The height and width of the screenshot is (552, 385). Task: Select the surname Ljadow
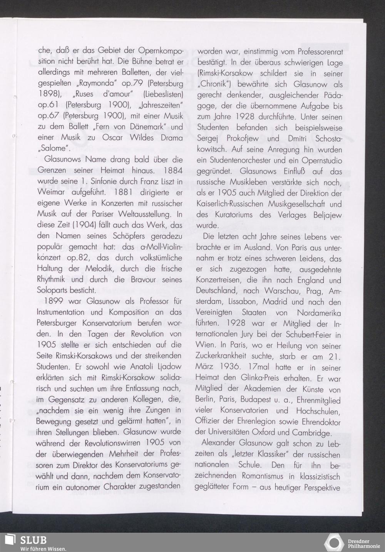point(167,366)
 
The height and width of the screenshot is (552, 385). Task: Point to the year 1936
point(236,367)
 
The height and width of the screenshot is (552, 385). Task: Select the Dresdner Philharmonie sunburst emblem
point(334,542)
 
